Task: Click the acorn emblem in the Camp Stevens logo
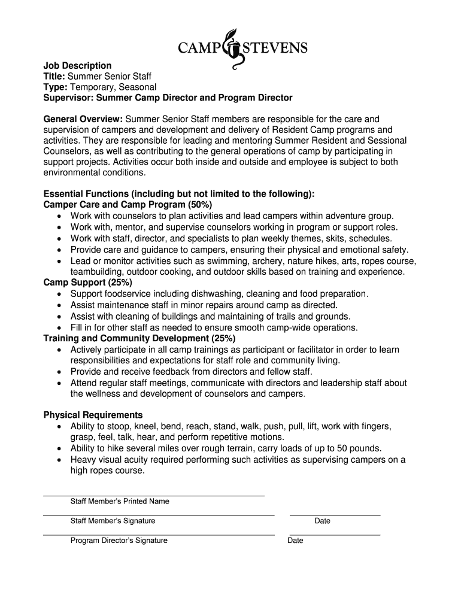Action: (230, 48)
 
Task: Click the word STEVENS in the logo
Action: (273, 47)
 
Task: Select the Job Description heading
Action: (77, 65)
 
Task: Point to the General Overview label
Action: (83, 119)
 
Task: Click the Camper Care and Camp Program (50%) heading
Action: (128, 205)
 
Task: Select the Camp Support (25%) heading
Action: (88, 283)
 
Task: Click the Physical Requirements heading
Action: (93, 415)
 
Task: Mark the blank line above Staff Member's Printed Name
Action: (154, 496)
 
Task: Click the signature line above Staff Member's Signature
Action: (159, 515)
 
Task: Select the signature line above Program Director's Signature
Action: (159, 535)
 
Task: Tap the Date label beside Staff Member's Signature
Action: (322, 521)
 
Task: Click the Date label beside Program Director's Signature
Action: (295, 541)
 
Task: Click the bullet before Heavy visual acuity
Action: (59, 460)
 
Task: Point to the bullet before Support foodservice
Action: (59, 295)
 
